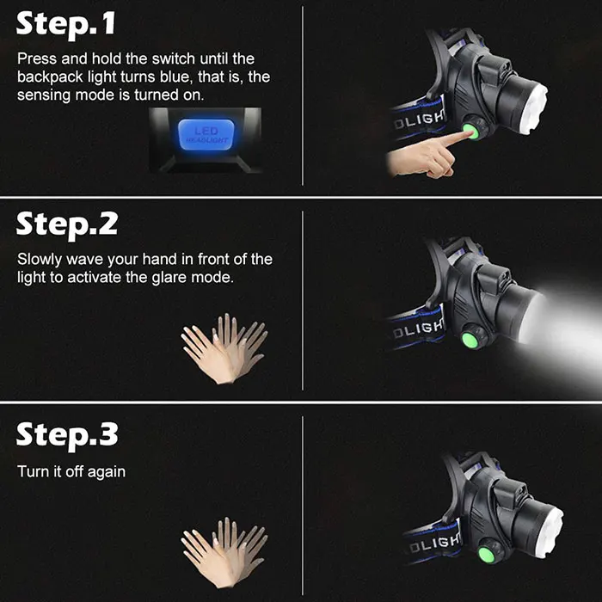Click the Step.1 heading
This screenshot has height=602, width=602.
65,24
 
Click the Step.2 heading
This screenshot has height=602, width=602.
67,225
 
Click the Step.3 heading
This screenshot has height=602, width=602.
67,435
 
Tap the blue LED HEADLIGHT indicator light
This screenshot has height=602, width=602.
206,134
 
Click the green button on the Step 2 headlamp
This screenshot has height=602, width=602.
470,341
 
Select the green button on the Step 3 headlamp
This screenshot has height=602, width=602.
486,555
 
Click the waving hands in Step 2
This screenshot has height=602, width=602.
224,348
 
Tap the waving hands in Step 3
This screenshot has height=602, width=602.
224,552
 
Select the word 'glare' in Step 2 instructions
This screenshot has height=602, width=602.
169,277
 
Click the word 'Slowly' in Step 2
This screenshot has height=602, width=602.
40,260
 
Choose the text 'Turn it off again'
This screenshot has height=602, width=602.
71,472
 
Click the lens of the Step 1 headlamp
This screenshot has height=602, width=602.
534,108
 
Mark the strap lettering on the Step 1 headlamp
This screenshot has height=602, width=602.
420,120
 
